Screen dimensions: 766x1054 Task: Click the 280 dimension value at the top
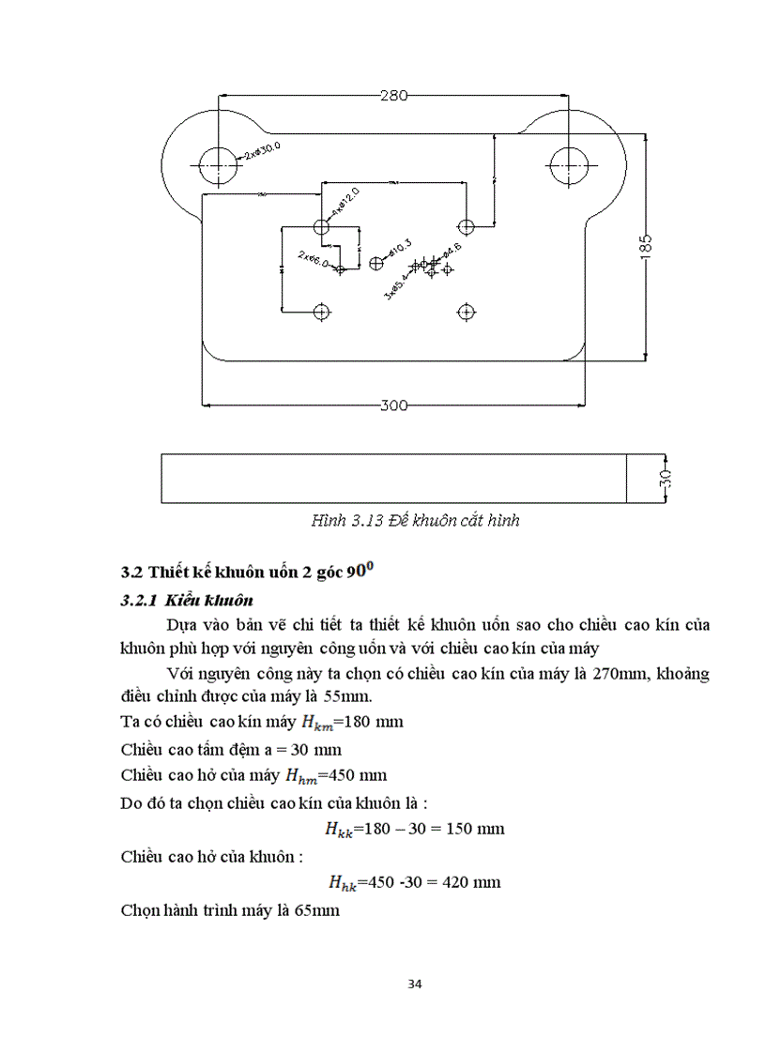394,94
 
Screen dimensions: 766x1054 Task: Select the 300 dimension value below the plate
394,405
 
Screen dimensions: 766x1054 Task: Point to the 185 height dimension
646,246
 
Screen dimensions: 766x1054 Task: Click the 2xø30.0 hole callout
262,150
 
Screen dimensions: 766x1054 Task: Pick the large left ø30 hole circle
218,165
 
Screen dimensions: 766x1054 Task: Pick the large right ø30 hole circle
569,165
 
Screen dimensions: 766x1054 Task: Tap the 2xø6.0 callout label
314,259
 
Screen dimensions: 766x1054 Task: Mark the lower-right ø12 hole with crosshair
467,311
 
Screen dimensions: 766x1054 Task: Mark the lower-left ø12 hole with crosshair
323,311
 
